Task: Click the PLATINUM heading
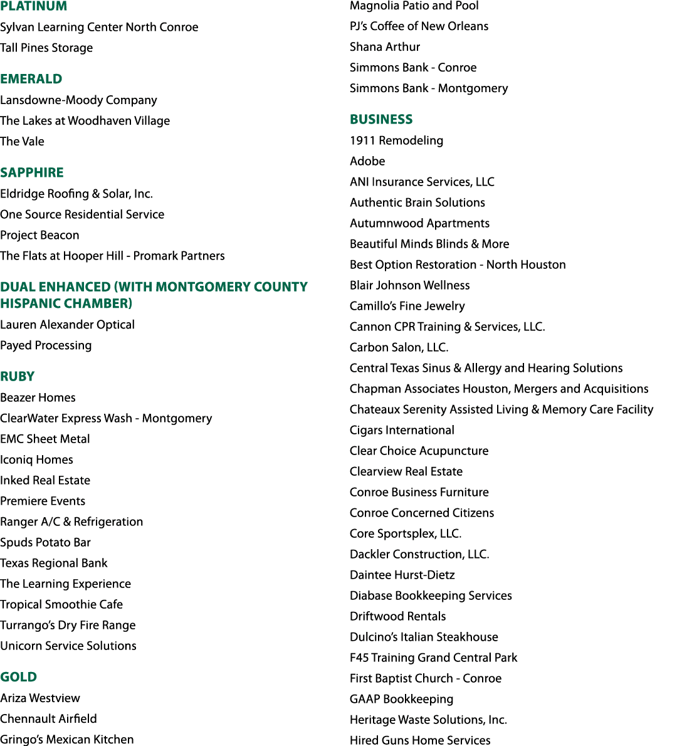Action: [x=34, y=6]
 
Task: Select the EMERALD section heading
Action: [x=31, y=78]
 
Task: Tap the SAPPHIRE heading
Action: [x=32, y=172]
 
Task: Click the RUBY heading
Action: [x=17, y=376]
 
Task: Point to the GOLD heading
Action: [x=19, y=676]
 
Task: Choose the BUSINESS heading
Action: [x=381, y=119]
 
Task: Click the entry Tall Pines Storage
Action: [x=46, y=48]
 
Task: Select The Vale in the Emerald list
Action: [x=22, y=141]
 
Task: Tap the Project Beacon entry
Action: [x=39, y=235]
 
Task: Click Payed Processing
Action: [x=46, y=345]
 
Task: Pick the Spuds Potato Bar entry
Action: [x=45, y=542]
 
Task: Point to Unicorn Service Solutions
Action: [x=68, y=646]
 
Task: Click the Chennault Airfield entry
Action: [x=48, y=718]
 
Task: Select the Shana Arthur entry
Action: [x=385, y=46]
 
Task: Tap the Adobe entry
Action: [x=367, y=161]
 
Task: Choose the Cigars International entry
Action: [x=402, y=430]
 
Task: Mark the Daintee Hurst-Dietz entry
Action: [x=402, y=575]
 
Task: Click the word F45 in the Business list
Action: [x=359, y=658]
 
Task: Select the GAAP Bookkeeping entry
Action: [x=402, y=699]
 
